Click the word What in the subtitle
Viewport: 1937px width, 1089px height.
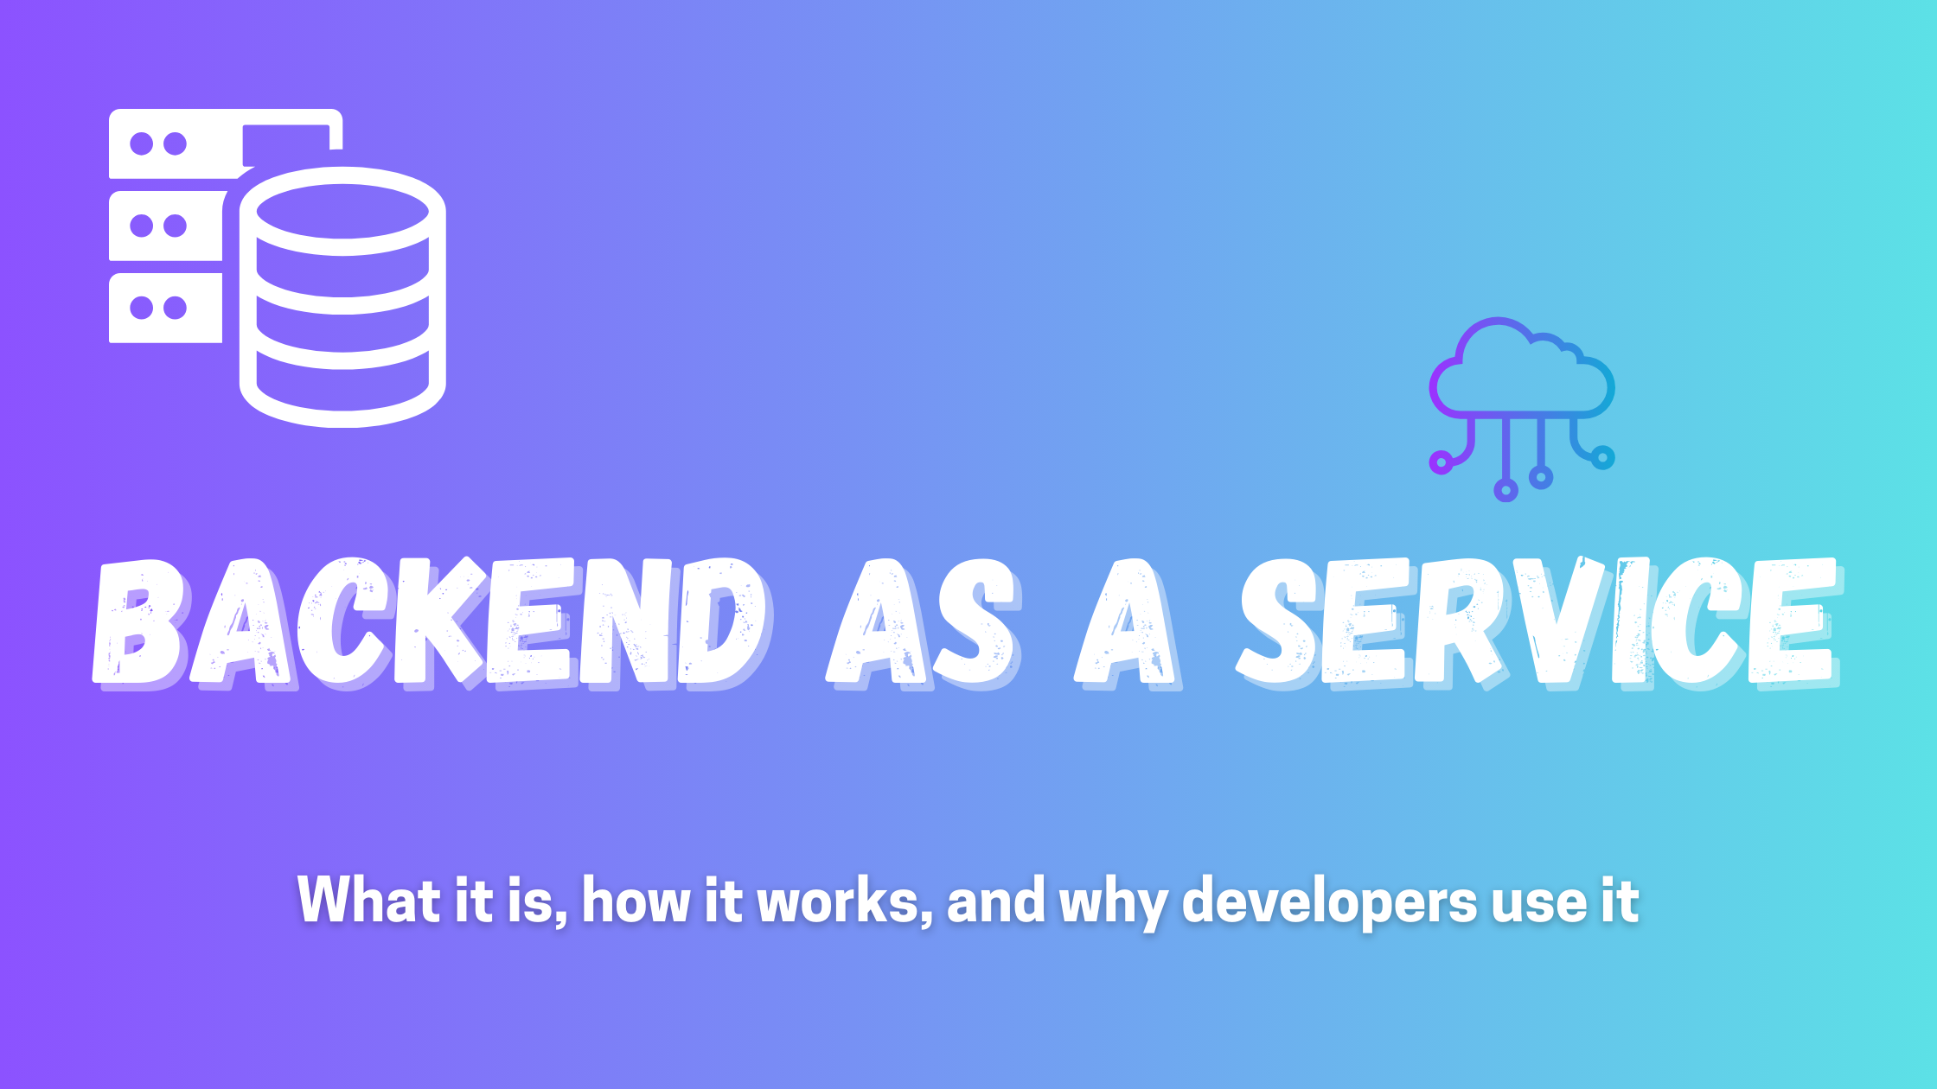click(370, 900)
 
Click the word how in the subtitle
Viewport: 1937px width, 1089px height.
click(636, 900)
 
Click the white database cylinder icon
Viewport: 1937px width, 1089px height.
click(342, 296)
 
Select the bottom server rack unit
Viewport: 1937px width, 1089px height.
click(165, 308)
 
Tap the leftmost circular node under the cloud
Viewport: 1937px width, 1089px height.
click(1441, 462)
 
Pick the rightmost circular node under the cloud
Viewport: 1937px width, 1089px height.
click(1602, 457)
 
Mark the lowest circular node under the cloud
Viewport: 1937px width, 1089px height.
click(1506, 490)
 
